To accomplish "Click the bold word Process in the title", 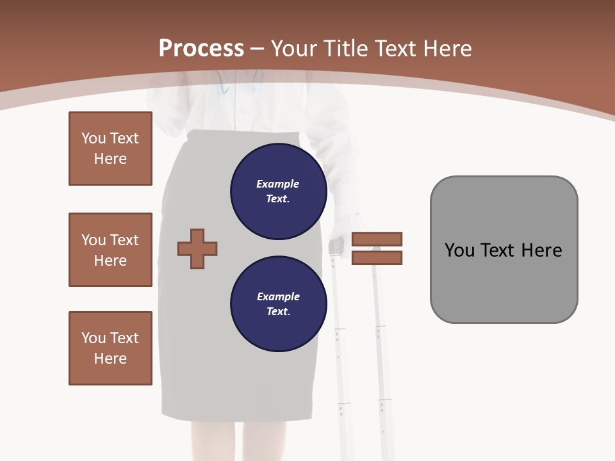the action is coord(201,49).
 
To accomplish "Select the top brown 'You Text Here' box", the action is coord(110,149).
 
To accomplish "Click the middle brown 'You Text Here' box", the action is coord(110,250).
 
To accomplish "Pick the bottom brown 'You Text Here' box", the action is coord(110,348).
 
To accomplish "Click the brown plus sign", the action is coord(197,248).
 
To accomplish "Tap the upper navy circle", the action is coord(278,191).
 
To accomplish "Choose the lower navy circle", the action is coord(278,303).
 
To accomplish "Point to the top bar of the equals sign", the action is coord(377,239).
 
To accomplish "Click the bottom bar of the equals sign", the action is coord(377,257).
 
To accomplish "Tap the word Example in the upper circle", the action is coord(277,184).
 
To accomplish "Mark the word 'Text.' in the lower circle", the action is coord(278,312).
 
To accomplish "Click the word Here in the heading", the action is coord(447,49).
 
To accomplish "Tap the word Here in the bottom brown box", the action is coord(110,359).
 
